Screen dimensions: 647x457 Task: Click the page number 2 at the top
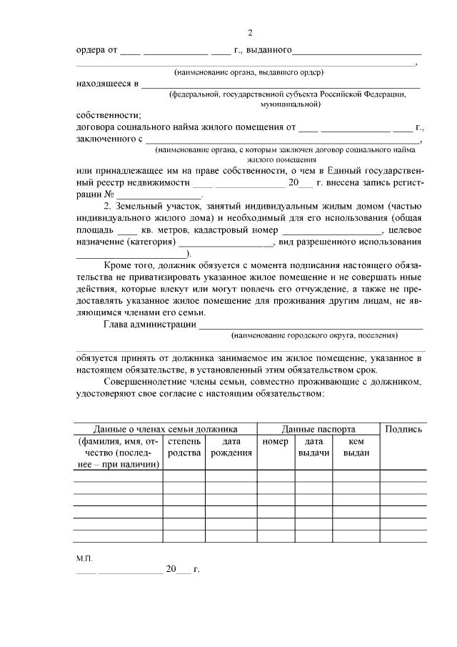250,32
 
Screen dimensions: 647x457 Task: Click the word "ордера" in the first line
91,51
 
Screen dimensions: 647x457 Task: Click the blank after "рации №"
160,194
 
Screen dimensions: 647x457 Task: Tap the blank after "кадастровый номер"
333,231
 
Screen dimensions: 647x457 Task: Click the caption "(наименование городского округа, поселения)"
314,335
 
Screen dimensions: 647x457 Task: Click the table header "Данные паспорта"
318,430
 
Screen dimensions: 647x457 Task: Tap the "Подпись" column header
403,430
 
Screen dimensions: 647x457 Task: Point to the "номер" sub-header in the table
274,442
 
